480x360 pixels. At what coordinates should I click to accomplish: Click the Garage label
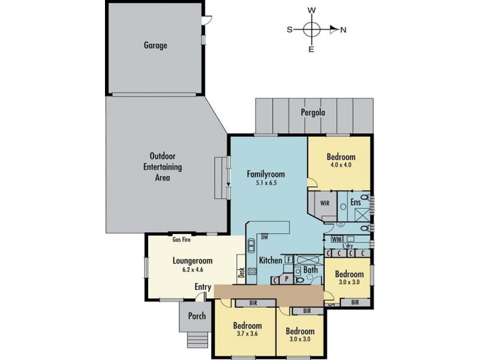coord(155,46)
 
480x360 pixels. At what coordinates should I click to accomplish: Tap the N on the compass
coord(343,30)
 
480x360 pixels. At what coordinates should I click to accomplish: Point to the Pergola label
coord(313,113)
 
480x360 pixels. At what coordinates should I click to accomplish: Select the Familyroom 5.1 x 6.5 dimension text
coord(266,183)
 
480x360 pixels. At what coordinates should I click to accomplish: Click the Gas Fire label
coord(182,239)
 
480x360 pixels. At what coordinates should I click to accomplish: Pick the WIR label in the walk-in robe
coord(325,203)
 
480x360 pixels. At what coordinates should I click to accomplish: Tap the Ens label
coord(355,202)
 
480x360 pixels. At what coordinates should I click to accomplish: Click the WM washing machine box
coord(337,239)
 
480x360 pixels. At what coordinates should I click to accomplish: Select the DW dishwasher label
coord(265,237)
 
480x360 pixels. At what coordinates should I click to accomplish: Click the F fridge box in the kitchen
coord(289,260)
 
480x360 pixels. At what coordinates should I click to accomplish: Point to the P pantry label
coord(287,279)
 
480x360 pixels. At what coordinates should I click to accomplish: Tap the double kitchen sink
coord(251,246)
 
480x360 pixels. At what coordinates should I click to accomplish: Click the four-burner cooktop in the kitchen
coord(252,271)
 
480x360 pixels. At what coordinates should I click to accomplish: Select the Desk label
coord(241,272)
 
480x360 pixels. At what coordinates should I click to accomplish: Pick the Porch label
coord(197,316)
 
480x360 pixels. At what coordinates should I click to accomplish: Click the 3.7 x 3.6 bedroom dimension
coord(247,334)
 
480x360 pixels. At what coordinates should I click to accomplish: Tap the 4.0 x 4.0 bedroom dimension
coord(341,164)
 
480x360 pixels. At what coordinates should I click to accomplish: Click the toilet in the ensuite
coord(364,197)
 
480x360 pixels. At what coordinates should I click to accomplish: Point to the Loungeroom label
coord(193,261)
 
